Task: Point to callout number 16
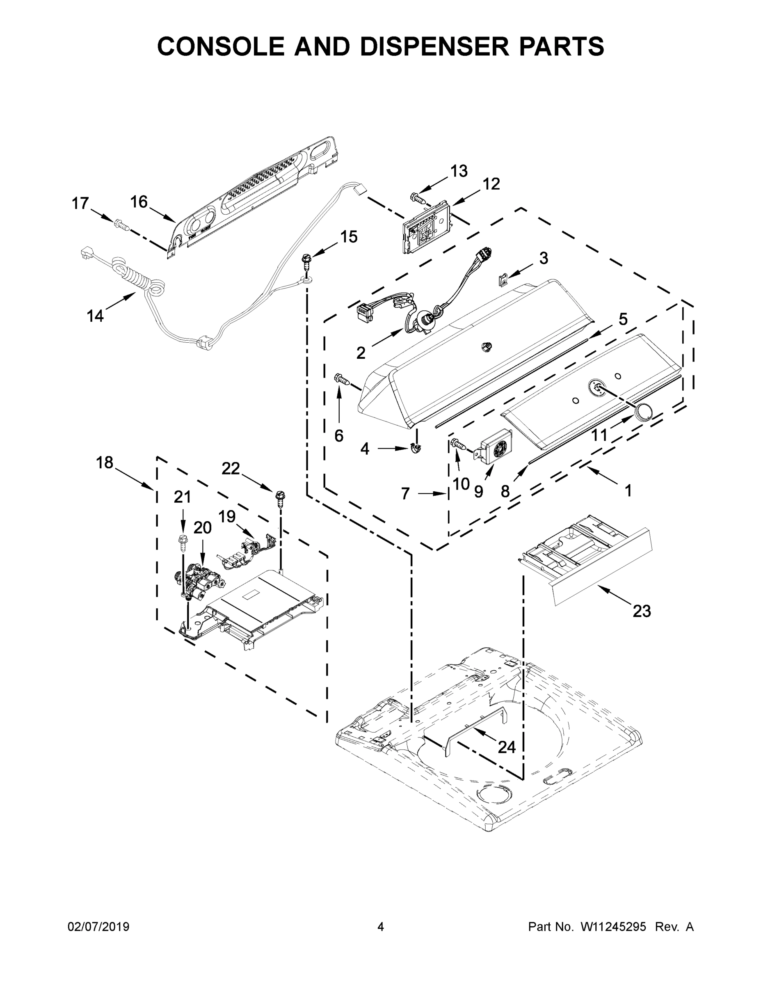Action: point(139,202)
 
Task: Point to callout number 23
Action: point(642,611)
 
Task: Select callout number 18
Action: point(105,462)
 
